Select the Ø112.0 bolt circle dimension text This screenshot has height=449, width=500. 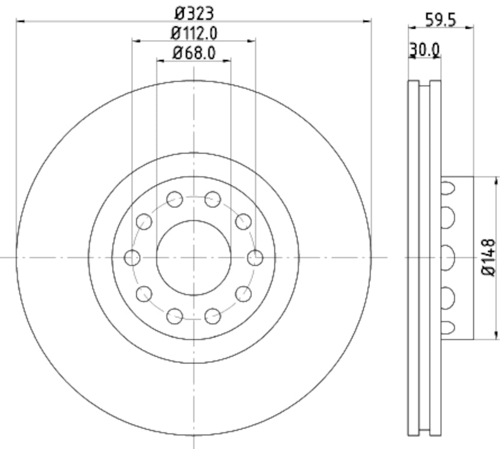pyautogui.click(x=193, y=32)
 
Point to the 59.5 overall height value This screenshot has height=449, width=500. pyautogui.click(x=440, y=19)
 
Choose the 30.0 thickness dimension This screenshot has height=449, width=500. pyautogui.click(x=424, y=49)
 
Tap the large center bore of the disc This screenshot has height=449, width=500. pyautogui.click(x=193, y=257)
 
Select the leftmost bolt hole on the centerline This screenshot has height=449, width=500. pyautogui.click(x=132, y=257)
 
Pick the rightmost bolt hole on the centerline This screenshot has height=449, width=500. pyautogui.click(x=254, y=257)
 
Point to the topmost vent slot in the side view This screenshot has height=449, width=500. pyautogui.click(x=447, y=187)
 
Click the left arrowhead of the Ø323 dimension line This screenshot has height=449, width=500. pyautogui.click(x=19, y=21)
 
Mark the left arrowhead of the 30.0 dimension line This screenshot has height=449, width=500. pyautogui.click(x=411, y=57)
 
